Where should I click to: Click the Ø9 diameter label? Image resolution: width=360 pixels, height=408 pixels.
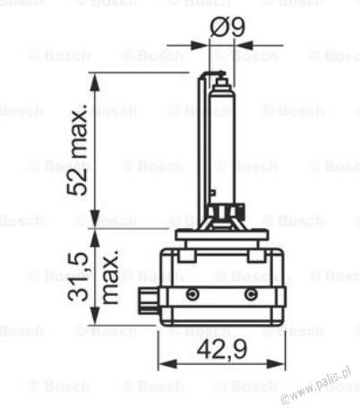tap(229, 28)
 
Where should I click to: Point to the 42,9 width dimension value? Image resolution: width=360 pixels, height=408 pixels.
tap(221, 349)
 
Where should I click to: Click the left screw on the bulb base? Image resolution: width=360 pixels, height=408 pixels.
tap(191, 294)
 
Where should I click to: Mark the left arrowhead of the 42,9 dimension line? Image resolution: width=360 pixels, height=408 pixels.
tap(163, 365)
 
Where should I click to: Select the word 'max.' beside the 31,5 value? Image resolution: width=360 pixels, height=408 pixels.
tap(111, 276)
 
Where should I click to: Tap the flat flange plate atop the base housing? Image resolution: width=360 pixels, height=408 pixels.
tap(222, 235)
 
